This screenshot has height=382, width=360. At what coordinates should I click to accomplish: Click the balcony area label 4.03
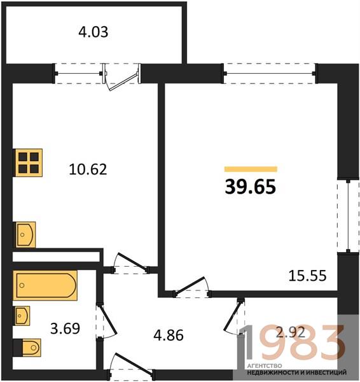click(x=93, y=32)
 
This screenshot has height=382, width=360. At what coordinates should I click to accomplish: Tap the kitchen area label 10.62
click(x=88, y=169)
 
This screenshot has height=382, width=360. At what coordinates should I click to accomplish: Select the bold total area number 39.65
click(x=251, y=187)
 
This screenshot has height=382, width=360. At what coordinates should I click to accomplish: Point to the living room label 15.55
click(x=307, y=276)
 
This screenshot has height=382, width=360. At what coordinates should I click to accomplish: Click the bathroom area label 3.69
click(x=65, y=328)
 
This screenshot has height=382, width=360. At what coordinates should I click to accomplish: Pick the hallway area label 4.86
click(x=169, y=335)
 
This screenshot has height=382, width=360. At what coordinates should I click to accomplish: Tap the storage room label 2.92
click(x=291, y=332)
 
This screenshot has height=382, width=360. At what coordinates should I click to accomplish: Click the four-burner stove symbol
click(x=29, y=162)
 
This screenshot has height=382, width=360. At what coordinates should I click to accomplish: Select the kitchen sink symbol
click(x=25, y=234)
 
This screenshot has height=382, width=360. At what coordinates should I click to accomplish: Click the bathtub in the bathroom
click(x=45, y=285)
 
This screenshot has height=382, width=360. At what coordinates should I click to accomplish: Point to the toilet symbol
click(x=31, y=348)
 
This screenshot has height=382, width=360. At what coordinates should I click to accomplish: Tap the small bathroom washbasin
click(x=22, y=316)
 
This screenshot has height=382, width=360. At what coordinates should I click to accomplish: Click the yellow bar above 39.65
click(x=251, y=169)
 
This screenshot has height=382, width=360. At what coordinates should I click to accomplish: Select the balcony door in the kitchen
click(x=121, y=78)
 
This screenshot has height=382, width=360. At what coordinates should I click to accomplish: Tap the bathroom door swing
click(x=107, y=321)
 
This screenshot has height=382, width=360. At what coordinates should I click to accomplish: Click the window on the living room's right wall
click(x=349, y=216)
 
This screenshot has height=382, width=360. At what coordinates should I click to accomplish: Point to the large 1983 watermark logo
click(x=292, y=343)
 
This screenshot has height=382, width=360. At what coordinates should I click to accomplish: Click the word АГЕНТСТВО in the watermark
click(x=265, y=366)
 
